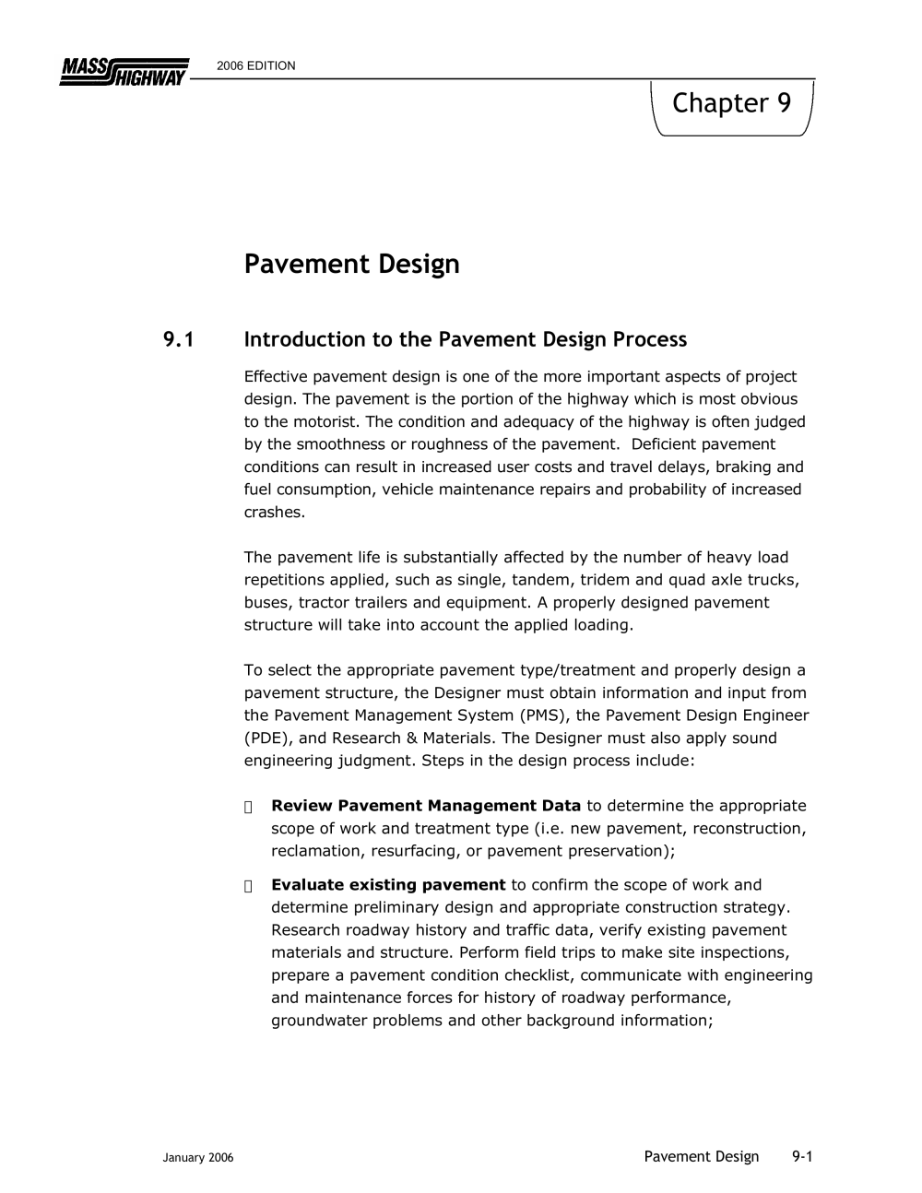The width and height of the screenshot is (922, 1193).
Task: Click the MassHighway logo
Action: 124,72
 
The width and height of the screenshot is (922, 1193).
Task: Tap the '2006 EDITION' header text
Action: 256,66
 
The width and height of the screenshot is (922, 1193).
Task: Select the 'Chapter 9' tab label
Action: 731,103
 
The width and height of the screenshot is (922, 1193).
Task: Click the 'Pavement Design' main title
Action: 351,265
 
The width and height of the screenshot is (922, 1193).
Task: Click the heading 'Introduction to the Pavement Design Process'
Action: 465,340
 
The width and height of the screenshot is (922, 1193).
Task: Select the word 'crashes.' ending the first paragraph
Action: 274,513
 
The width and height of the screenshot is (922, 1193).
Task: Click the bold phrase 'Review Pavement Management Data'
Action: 426,806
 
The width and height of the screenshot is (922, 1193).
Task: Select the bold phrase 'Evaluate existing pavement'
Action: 388,885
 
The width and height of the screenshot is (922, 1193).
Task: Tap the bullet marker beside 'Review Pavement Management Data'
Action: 249,807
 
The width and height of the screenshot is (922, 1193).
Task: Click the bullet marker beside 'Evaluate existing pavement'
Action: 249,886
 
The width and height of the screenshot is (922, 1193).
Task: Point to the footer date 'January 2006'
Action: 198,1158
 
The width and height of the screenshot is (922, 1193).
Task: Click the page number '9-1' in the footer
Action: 801,1157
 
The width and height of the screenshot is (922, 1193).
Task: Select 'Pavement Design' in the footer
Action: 701,1157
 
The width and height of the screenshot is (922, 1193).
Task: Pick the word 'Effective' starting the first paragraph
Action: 276,377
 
